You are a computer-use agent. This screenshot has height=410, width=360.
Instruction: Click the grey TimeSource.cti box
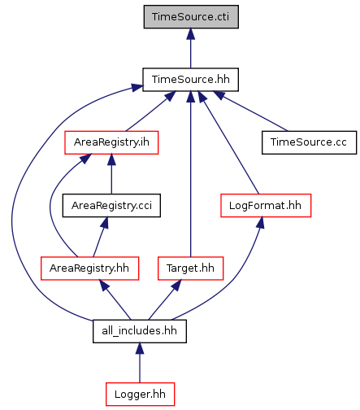pos(191,16)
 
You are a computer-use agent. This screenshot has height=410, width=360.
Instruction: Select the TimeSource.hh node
pos(190,80)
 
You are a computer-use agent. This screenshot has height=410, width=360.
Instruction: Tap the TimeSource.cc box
pos(309,142)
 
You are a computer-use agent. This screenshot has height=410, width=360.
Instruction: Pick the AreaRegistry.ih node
pos(111,142)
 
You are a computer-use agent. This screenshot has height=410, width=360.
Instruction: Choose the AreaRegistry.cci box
pos(111,205)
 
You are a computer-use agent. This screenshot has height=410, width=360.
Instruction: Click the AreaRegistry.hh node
pos(89,268)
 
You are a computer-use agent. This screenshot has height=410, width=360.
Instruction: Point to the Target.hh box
pos(190,268)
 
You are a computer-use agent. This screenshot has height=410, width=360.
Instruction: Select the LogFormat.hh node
pos(266,205)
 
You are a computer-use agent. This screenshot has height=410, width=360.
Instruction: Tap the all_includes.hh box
pos(140,331)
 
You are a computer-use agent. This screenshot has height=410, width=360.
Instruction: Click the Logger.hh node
pos(140,394)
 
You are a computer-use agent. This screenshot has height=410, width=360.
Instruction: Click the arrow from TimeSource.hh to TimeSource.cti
pos(190,48)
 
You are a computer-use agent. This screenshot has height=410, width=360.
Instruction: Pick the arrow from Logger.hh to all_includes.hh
pos(140,363)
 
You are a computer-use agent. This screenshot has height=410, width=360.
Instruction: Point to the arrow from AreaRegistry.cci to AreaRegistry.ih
pos(111,174)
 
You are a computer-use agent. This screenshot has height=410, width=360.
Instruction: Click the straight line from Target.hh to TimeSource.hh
pos(190,174)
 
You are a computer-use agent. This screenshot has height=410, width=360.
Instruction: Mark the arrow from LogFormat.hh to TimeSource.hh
pos(229,142)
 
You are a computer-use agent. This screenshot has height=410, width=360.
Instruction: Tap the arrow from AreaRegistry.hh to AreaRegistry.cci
pos(99,237)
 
